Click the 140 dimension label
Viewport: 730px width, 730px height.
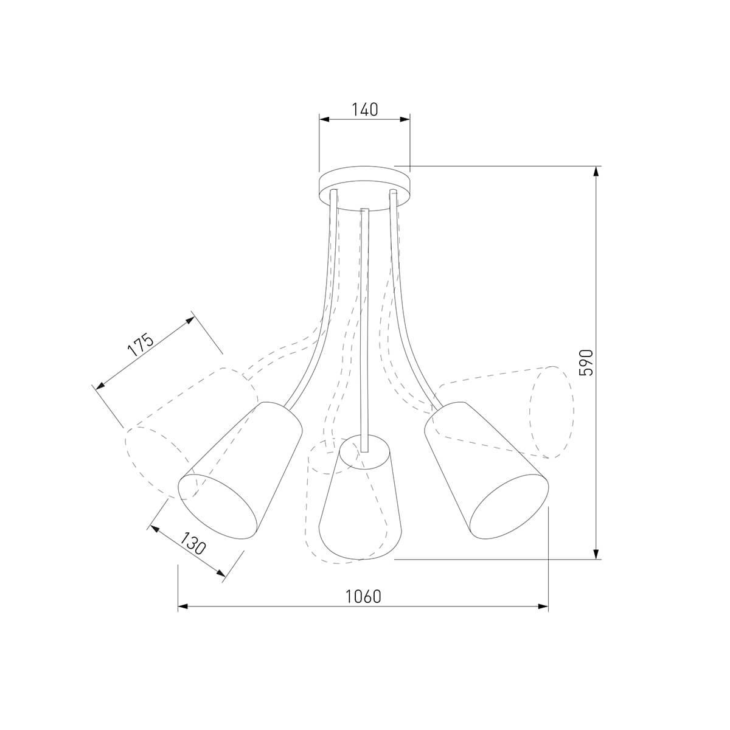(365, 109)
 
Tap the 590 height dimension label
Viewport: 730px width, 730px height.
(586, 363)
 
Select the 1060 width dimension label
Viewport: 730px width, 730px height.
(363, 597)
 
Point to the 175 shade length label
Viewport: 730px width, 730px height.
(141, 346)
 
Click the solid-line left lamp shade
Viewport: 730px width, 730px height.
(240, 470)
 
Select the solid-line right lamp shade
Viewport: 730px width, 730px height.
(487, 470)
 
